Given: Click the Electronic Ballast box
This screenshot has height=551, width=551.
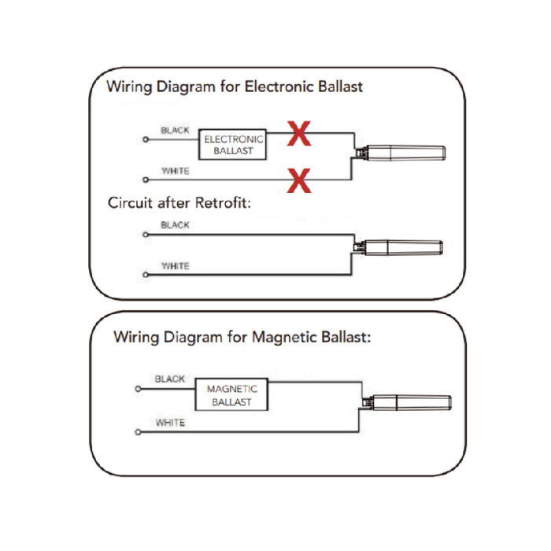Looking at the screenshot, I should [233, 144].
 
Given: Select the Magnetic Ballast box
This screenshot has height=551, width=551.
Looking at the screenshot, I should [231, 395].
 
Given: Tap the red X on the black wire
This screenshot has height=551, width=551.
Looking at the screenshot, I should [298, 134].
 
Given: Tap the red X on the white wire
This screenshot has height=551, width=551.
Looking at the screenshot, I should [298, 181].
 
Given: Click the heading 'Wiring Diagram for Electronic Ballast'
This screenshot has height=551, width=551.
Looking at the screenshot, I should [235, 87].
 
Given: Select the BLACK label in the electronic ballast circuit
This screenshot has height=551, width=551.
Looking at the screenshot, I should [175, 130].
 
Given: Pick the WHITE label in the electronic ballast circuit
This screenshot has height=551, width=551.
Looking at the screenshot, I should [175, 171].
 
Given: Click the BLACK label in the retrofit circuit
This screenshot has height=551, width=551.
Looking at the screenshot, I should [175, 225].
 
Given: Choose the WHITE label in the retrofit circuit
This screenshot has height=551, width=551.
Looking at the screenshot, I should [175, 266].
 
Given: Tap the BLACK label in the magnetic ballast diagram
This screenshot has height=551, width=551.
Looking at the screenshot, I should [170, 379].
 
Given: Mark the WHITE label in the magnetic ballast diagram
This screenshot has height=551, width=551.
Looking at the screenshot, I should [170, 423].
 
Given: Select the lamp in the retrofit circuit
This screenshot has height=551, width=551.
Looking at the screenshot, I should [405, 247].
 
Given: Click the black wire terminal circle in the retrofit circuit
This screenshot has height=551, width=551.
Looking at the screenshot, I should [145, 234].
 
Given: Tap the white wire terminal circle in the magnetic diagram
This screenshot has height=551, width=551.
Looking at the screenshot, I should [139, 431].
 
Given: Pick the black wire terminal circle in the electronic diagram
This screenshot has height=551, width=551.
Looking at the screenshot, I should [145, 139].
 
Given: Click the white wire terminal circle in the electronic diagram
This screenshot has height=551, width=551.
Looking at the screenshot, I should [145, 180].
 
